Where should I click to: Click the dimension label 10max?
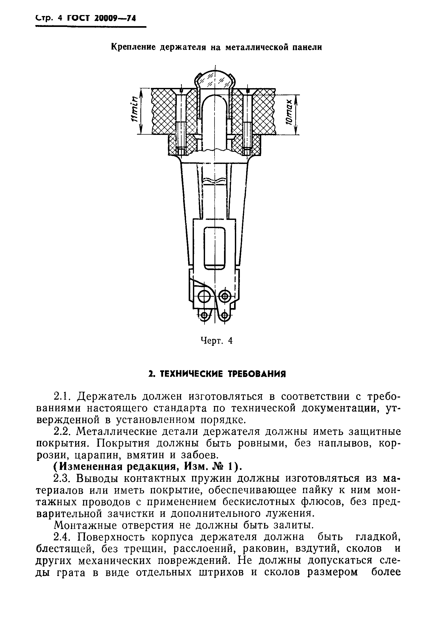tap(289, 112)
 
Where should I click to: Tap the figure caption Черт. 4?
tap(217, 341)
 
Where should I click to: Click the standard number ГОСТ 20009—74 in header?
tap(101, 18)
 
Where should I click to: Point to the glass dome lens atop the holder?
tap(215, 80)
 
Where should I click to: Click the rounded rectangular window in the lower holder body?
tap(215, 248)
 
